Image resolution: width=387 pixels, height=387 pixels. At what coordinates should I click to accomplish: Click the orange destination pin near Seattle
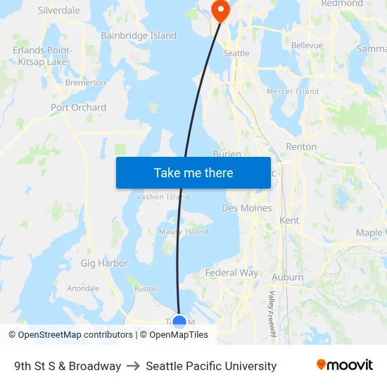[x=220, y=10]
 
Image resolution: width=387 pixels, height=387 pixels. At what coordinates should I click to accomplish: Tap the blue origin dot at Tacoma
[x=179, y=322]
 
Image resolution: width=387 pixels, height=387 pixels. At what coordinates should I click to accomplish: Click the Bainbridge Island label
[x=139, y=35]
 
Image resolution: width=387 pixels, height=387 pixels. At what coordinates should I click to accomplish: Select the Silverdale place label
[x=58, y=11]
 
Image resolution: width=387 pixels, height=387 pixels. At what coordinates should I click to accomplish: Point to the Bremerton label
[x=85, y=82]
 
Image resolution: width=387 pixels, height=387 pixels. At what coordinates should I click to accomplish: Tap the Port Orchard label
[x=78, y=108]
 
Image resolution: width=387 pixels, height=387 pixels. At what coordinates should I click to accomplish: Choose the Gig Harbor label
[x=104, y=263]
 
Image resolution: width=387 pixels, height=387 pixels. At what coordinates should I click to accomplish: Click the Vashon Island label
[x=163, y=197]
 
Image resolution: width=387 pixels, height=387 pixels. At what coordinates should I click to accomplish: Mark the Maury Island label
[x=184, y=231]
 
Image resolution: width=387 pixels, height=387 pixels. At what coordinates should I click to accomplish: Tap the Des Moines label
[x=246, y=208]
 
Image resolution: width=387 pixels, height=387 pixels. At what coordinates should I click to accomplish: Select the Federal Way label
[x=231, y=272]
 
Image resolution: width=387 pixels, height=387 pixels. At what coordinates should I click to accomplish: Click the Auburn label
[x=287, y=277]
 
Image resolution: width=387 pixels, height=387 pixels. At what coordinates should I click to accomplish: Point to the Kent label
[x=289, y=220]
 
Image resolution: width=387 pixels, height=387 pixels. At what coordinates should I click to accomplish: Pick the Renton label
[x=301, y=147]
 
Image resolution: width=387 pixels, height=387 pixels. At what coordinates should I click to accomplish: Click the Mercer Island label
[x=293, y=91]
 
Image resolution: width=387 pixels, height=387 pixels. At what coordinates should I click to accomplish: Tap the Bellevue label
[x=307, y=45]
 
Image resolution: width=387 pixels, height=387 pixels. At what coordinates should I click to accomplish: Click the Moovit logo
[x=344, y=365]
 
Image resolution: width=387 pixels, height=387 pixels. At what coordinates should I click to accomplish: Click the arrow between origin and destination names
[x=133, y=366]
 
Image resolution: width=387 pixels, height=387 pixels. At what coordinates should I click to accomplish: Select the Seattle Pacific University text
[x=211, y=366]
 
